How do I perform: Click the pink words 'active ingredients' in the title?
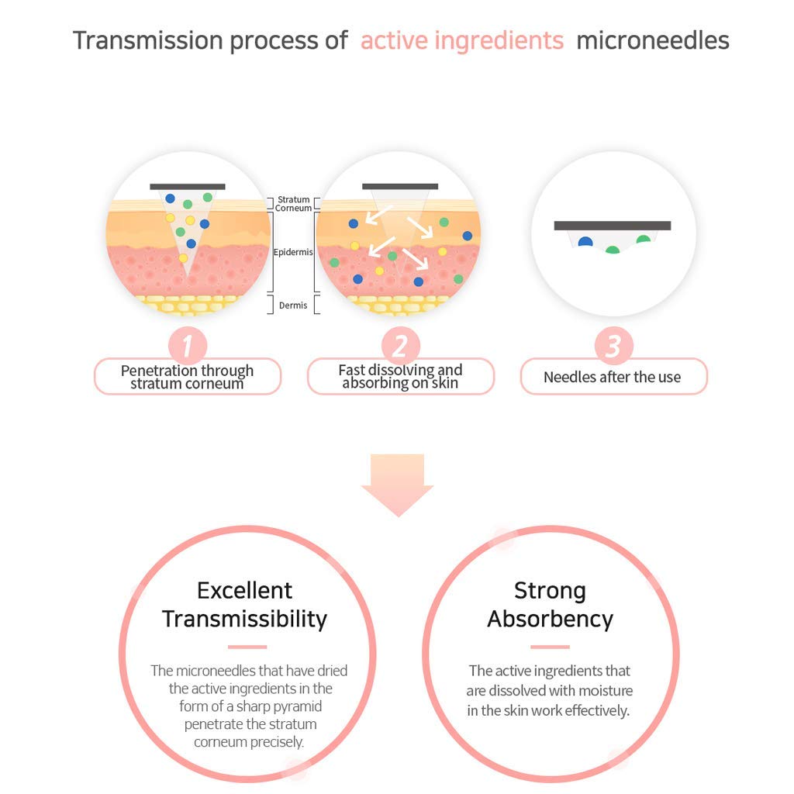tap(462, 41)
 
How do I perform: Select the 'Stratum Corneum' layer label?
tap(293, 204)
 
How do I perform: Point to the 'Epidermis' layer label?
tap(293, 252)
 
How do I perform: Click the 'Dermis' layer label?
tap(293, 306)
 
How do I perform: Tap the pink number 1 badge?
tap(188, 346)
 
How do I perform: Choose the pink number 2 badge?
tap(401, 346)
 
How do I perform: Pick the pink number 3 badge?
tap(614, 346)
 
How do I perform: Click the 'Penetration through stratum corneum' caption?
tap(188, 377)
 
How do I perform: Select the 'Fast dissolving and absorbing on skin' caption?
tap(401, 376)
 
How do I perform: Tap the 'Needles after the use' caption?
tap(613, 377)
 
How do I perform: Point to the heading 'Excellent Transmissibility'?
tap(244, 605)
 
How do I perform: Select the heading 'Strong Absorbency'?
tap(551, 605)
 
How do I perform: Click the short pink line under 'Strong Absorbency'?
tap(550, 647)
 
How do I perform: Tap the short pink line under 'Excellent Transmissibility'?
tap(247, 647)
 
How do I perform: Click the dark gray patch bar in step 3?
tap(613, 226)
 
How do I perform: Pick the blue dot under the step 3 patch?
tap(585, 242)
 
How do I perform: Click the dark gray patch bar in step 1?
tap(188, 187)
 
